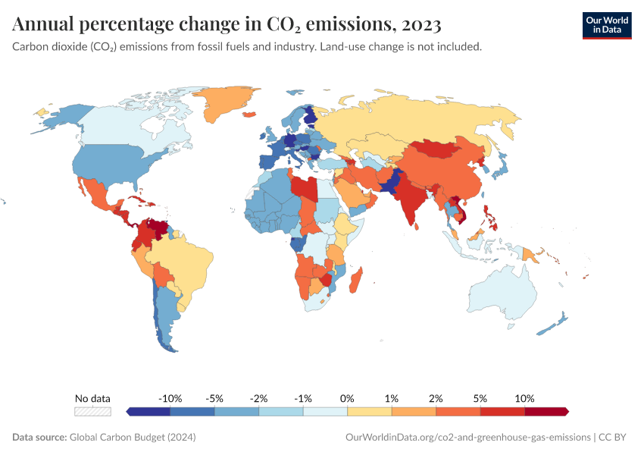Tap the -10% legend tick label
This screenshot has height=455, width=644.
click(x=170, y=398)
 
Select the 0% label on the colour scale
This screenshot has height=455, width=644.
click(x=347, y=398)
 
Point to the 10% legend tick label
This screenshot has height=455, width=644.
click(x=524, y=398)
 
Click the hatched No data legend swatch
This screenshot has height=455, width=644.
click(x=92, y=411)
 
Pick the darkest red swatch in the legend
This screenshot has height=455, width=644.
click(x=546, y=411)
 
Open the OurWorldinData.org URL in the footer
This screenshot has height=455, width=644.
click(x=467, y=437)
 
